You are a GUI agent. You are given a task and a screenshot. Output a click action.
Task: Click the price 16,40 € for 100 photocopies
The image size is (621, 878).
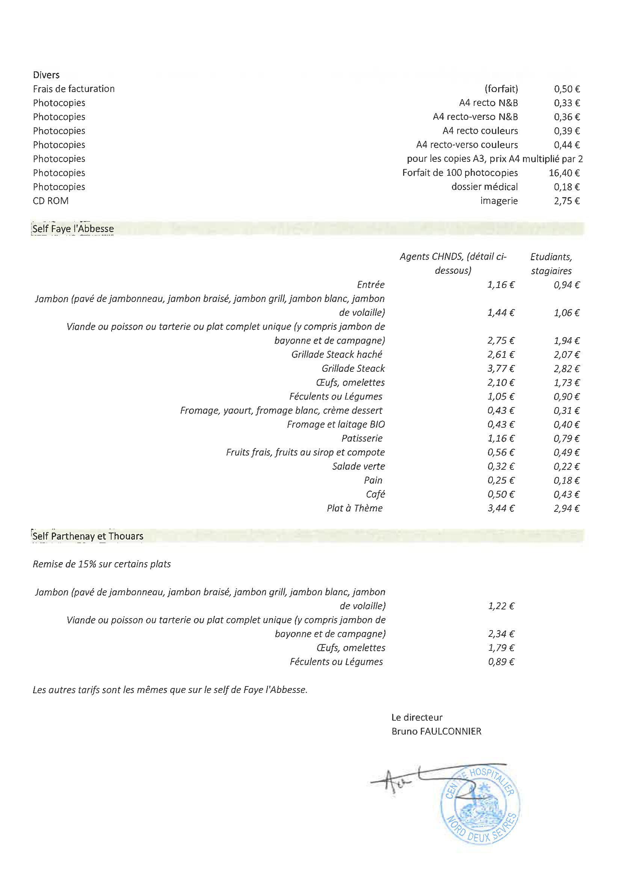click(x=564, y=173)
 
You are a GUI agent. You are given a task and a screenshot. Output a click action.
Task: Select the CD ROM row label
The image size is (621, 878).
click(x=50, y=201)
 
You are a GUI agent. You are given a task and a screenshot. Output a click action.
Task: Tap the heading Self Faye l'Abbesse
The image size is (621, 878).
click(x=73, y=229)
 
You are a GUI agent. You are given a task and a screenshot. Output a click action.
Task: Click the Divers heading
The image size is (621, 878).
click(x=46, y=75)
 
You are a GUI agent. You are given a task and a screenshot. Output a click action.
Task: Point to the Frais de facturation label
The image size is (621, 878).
click(x=74, y=89)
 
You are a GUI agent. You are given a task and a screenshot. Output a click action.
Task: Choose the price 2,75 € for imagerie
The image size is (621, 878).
click(x=567, y=201)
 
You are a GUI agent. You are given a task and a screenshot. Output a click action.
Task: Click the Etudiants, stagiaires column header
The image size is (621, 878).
click(x=551, y=264)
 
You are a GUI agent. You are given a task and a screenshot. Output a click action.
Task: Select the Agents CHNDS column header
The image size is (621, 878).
click(x=453, y=264)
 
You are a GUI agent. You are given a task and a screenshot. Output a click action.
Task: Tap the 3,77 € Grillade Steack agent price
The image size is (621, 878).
click(x=501, y=369)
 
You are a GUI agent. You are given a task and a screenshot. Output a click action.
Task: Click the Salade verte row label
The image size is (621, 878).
click(x=358, y=466)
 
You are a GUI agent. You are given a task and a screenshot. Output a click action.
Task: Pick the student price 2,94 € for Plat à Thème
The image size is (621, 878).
click(x=567, y=508)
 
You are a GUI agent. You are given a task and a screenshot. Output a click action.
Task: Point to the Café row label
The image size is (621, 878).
click(x=375, y=495)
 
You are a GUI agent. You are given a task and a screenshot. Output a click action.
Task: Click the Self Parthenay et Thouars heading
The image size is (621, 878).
click(x=88, y=536)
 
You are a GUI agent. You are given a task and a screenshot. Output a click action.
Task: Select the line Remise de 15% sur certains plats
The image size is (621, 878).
click(x=102, y=564)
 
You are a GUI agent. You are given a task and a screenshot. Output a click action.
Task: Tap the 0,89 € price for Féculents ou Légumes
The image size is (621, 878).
click(x=501, y=662)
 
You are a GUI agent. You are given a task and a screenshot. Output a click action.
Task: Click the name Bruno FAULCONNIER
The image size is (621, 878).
click(x=436, y=732)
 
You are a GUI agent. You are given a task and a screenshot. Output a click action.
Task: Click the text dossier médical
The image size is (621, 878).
click(x=484, y=187)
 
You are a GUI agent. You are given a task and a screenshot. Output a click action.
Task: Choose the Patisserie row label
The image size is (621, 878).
click(x=362, y=439)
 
